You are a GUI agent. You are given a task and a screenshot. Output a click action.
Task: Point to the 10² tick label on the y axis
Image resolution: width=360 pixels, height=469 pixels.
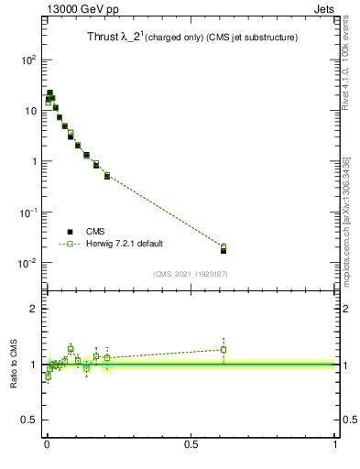point(27,60)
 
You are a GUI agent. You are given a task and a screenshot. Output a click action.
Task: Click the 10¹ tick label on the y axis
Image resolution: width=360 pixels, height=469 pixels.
point(29,111)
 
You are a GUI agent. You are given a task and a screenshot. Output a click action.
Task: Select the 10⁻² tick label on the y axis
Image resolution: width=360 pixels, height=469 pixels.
point(27,264)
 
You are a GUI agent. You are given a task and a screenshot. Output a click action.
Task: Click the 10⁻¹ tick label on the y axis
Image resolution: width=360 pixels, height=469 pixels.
point(27,213)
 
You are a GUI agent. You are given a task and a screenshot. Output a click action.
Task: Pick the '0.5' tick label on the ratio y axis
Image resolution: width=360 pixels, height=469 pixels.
point(29,420)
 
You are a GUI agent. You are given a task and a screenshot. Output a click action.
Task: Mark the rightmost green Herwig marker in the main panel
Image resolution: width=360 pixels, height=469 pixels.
point(224,246)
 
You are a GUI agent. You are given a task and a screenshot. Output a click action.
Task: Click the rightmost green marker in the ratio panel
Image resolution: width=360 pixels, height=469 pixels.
point(224,349)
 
